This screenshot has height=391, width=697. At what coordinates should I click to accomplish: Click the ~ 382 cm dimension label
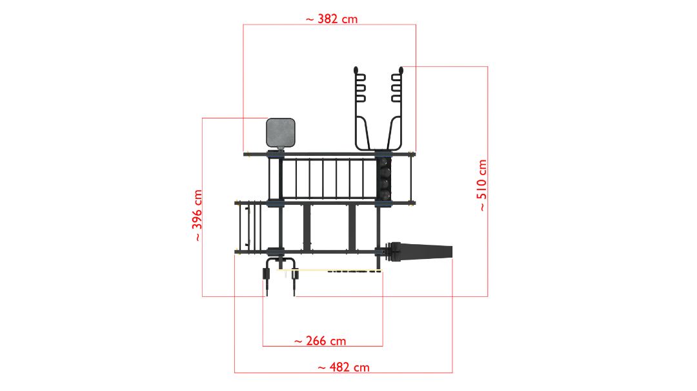point(332,19)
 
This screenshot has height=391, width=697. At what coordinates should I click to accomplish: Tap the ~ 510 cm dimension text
point(482,185)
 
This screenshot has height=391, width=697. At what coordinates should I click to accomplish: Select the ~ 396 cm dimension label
point(197,216)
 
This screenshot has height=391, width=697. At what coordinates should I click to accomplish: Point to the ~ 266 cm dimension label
point(320,341)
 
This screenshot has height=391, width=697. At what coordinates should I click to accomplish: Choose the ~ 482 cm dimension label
point(343,367)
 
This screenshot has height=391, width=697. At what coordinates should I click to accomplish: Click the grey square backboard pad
point(281,133)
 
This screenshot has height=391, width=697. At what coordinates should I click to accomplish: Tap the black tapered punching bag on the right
point(420,252)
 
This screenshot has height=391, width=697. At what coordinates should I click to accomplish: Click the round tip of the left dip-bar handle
point(356,70)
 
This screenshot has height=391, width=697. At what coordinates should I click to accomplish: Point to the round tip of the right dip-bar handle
point(401,70)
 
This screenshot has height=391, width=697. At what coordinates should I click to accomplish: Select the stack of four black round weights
point(384,178)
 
